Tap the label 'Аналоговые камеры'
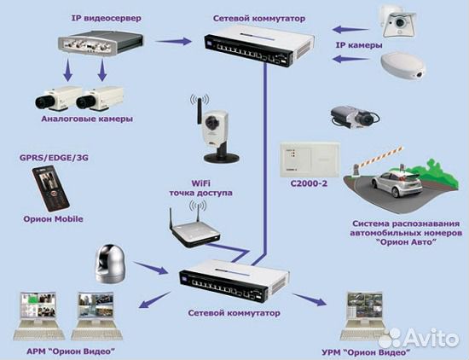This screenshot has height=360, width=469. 87,119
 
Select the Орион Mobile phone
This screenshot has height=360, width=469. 51,188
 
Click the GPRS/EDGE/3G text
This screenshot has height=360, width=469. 54,158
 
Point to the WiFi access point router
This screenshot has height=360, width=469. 194,229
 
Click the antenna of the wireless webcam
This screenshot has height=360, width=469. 198,109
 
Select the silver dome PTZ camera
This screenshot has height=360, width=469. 110,264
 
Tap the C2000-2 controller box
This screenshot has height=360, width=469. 310,160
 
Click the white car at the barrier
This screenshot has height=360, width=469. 397,183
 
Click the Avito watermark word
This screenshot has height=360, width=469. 433,339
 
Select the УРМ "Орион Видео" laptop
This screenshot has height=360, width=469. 364,316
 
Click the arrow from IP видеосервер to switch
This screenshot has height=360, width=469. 173,41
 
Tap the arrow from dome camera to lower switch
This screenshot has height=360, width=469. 150,268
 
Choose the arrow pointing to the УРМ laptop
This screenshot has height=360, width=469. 310,299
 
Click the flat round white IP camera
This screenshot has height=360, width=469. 403,67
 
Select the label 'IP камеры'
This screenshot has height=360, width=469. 359,45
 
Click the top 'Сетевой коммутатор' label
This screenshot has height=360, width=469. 259,18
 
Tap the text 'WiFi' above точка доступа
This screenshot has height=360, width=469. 200,183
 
